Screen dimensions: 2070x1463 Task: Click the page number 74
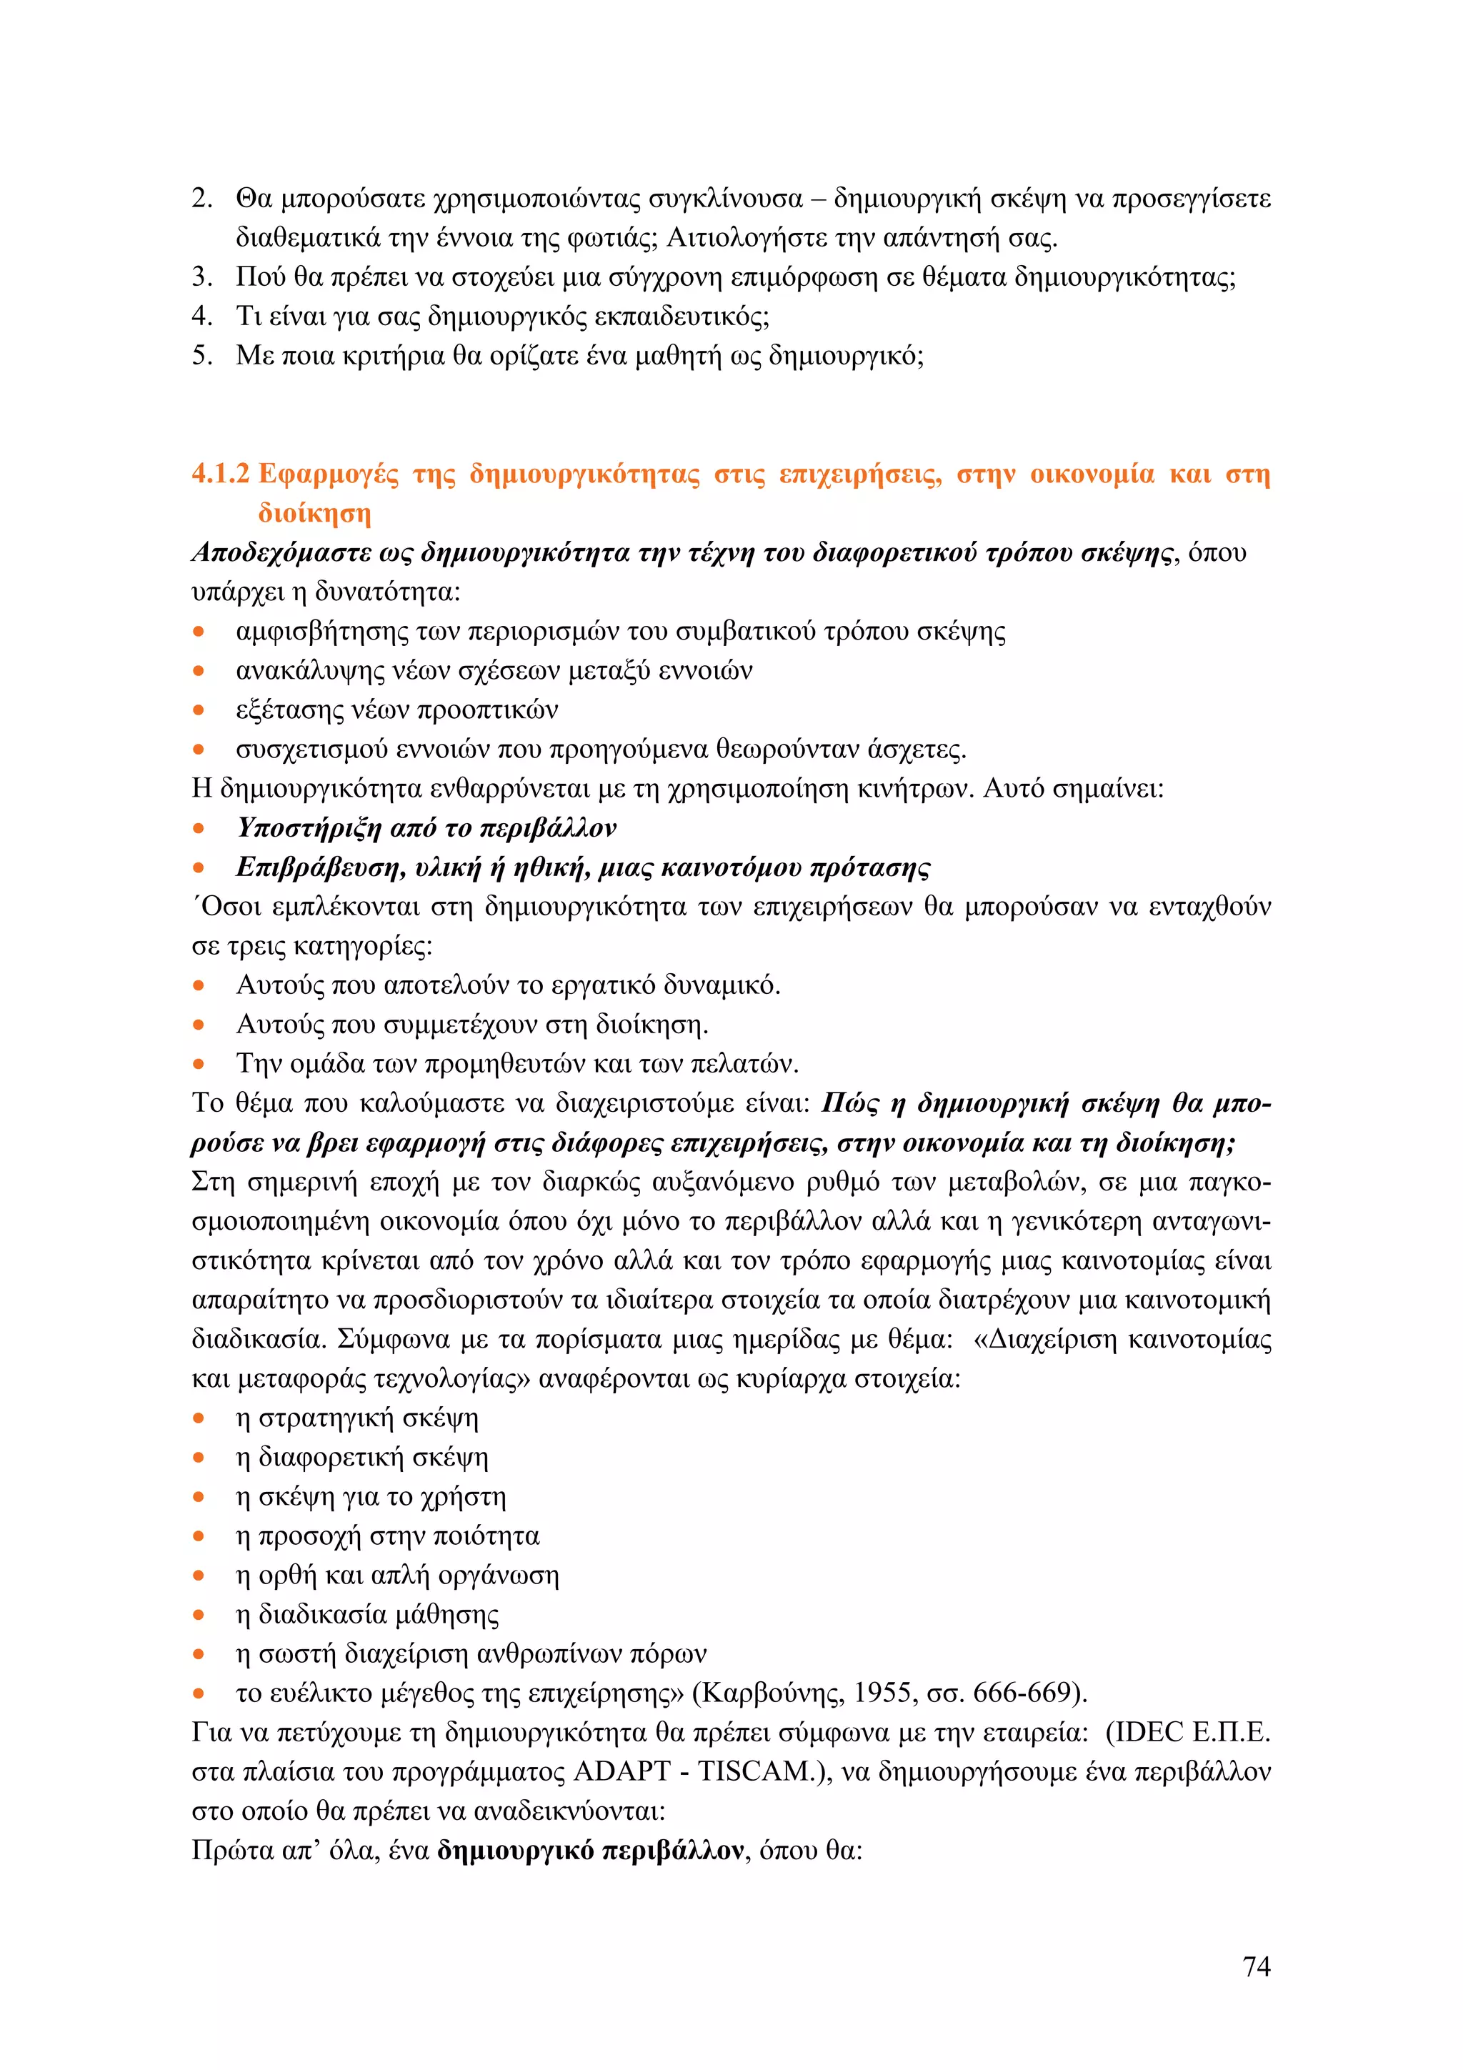(x=1256, y=1966)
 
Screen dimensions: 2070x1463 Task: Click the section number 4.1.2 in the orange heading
(x=220, y=474)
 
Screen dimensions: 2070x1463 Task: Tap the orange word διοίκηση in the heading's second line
(x=314, y=513)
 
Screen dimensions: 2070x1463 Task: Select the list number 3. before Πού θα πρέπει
(x=202, y=277)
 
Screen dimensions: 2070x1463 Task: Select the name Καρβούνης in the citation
(x=772, y=1693)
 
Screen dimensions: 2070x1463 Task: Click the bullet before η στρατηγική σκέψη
(x=199, y=1419)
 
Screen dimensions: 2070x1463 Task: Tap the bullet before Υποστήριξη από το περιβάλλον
(x=199, y=829)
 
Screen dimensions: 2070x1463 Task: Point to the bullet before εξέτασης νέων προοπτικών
(x=199, y=710)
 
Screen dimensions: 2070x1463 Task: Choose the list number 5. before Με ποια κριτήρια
(x=202, y=355)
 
